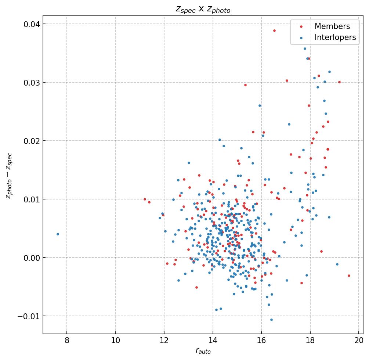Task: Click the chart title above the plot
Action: pos(203,10)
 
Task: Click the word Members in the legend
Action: pos(332,26)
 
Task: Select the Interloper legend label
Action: pos(335,37)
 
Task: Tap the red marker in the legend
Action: pos(301,26)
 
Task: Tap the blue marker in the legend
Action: pos(301,37)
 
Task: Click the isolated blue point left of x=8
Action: pos(58,234)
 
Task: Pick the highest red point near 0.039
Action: pos(274,30)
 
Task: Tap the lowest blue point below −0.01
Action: pos(271,320)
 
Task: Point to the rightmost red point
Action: pos(349,276)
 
